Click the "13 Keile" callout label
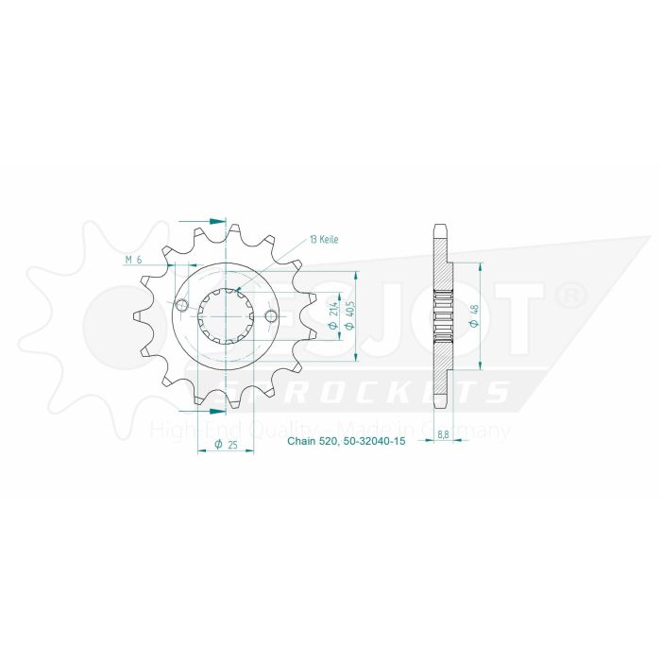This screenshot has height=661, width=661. [321, 240]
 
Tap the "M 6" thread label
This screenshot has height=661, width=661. [133, 260]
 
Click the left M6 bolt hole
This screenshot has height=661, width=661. [181, 303]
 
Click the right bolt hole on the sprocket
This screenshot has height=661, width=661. [271, 315]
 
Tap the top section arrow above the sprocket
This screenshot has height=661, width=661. [216, 220]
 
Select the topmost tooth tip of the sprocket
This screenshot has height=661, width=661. [231, 227]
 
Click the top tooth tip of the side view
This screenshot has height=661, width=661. [440, 227]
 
